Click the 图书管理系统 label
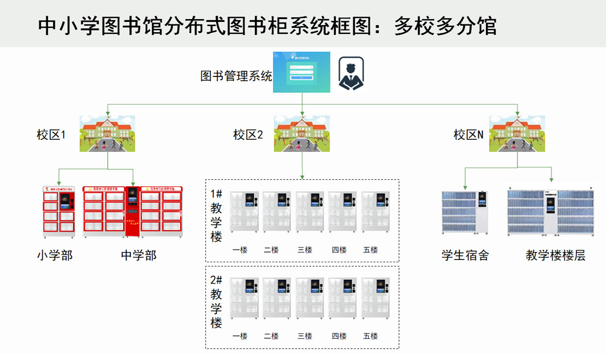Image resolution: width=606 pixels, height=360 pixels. [236, 76]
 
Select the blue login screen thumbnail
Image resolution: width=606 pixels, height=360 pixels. [301, 72]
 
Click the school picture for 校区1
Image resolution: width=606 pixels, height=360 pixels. [107, 133]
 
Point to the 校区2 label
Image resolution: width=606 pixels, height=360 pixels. [248, 134]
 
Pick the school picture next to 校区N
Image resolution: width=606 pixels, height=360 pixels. [516, 133]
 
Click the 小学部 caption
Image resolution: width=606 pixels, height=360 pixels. [55, 255]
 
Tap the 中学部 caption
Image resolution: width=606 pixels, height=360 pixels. [139, 255]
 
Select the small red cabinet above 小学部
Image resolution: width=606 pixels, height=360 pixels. [58, 212]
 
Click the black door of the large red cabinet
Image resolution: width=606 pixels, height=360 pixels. [132, 212]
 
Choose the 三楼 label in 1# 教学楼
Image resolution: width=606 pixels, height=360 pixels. [305, 250]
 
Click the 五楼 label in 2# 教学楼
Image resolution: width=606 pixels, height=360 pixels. [370, 336]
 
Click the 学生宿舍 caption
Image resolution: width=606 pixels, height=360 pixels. [465, 255]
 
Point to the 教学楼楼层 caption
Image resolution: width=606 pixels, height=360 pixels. [555, 255]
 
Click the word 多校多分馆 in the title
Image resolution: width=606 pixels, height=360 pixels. [445, 26]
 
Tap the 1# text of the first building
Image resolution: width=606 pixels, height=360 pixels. [216, 194]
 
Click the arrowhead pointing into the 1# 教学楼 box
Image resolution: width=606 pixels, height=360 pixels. [302, 177]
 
